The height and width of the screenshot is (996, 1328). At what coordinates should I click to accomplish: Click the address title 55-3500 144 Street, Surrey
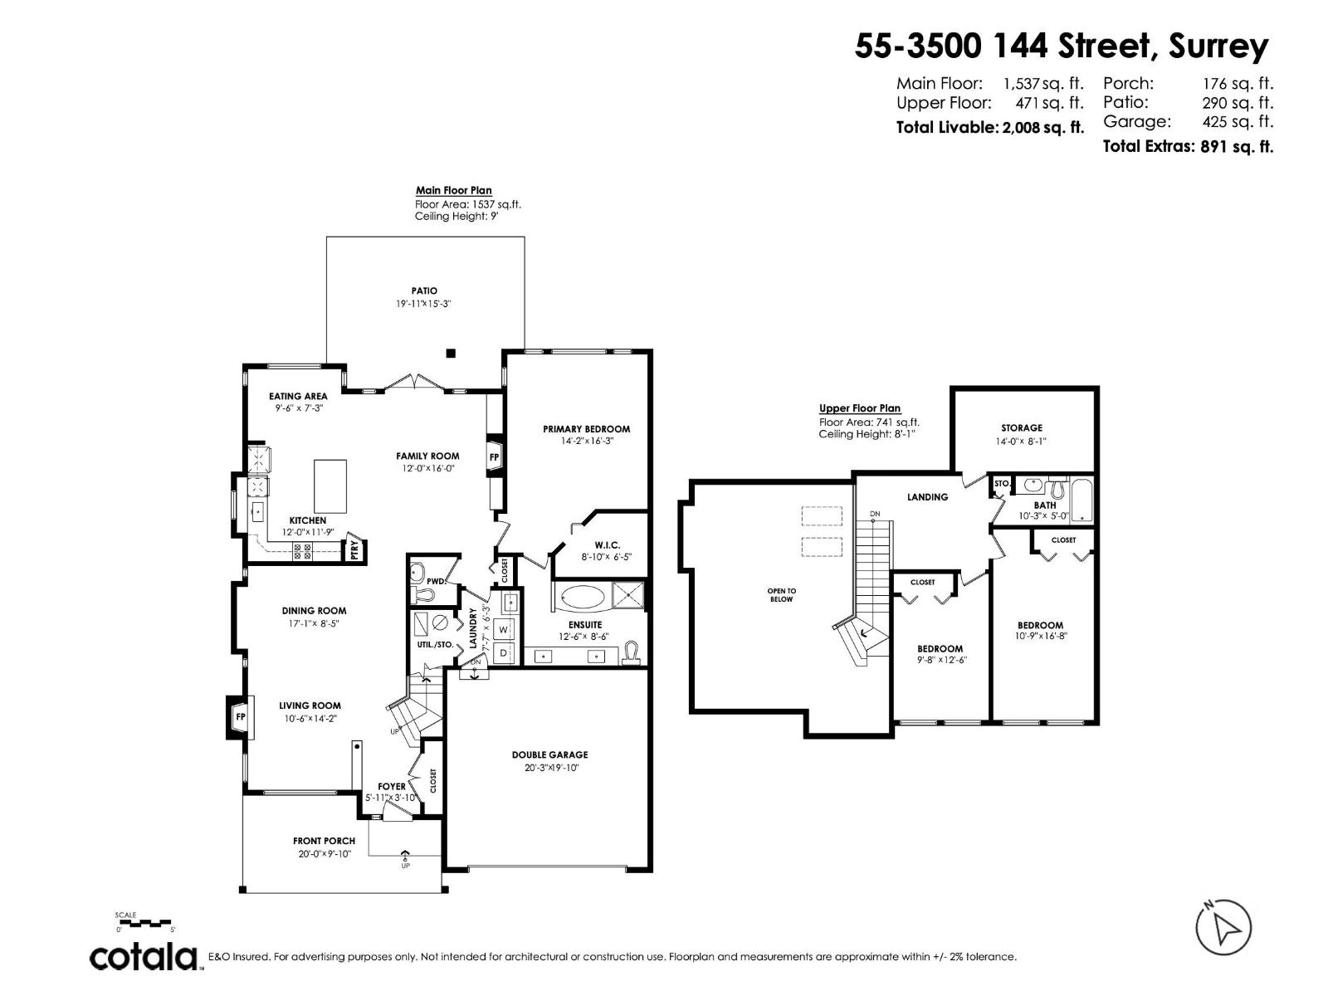pos(1062,46)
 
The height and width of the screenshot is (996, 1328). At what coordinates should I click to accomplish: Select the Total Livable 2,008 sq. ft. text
pos(989,128)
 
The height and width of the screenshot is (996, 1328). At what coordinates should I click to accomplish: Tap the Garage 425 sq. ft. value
pos(1238,122)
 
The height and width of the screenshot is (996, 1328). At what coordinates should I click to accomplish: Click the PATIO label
pos(424,290)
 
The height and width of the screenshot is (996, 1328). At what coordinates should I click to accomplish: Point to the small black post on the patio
pos(451,353)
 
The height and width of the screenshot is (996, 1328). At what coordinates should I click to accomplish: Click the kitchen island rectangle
pos(330,486)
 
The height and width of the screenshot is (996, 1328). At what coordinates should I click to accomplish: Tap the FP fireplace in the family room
pos(495,457)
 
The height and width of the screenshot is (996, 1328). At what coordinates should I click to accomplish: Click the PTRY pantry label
pos(354,549)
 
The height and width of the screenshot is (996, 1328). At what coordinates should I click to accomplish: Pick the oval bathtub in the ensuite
pos(581,595)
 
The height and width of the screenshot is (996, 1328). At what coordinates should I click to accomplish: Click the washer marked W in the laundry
pos(503,630)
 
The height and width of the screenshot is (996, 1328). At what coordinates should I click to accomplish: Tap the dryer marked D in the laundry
pos(503,653)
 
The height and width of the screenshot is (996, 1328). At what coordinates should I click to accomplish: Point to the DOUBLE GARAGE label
pos(549,754)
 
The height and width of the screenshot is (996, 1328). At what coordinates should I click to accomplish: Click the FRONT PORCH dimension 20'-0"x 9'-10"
pos(324,853)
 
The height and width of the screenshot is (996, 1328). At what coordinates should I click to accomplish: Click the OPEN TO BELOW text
pos(781,594)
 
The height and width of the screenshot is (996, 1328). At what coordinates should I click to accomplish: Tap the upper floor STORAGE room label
pos(1021,428)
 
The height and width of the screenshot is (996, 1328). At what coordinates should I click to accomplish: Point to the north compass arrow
pos(1223,927)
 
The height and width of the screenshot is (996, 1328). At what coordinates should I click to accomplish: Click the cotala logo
pos(144,957)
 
